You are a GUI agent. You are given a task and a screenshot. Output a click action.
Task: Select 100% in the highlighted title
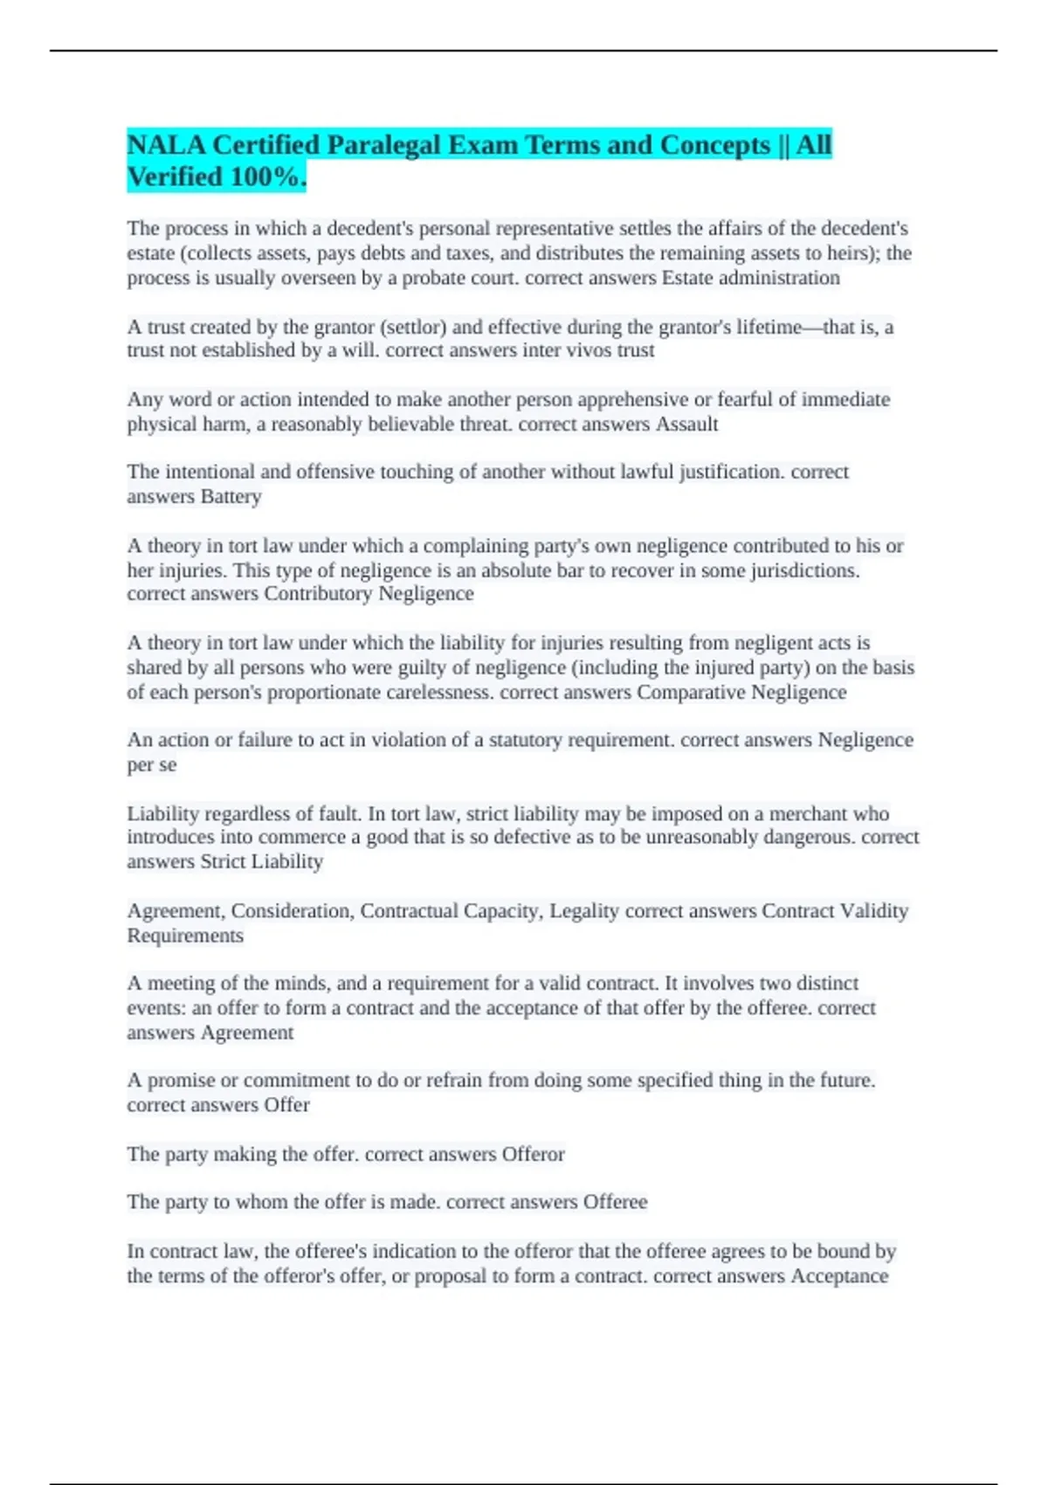tap(265, 177)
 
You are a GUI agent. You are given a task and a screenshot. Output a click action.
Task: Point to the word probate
tap(445, 278)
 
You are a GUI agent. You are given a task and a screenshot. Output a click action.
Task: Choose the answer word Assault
tap(686, 425)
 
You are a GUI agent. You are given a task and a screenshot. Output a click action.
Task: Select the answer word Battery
tap(231, 497)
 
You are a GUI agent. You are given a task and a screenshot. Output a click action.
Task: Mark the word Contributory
tap(317, 594)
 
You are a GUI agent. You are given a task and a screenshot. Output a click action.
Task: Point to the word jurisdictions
tap(804, 570)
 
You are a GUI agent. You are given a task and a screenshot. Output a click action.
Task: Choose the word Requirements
tap(185, 936)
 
